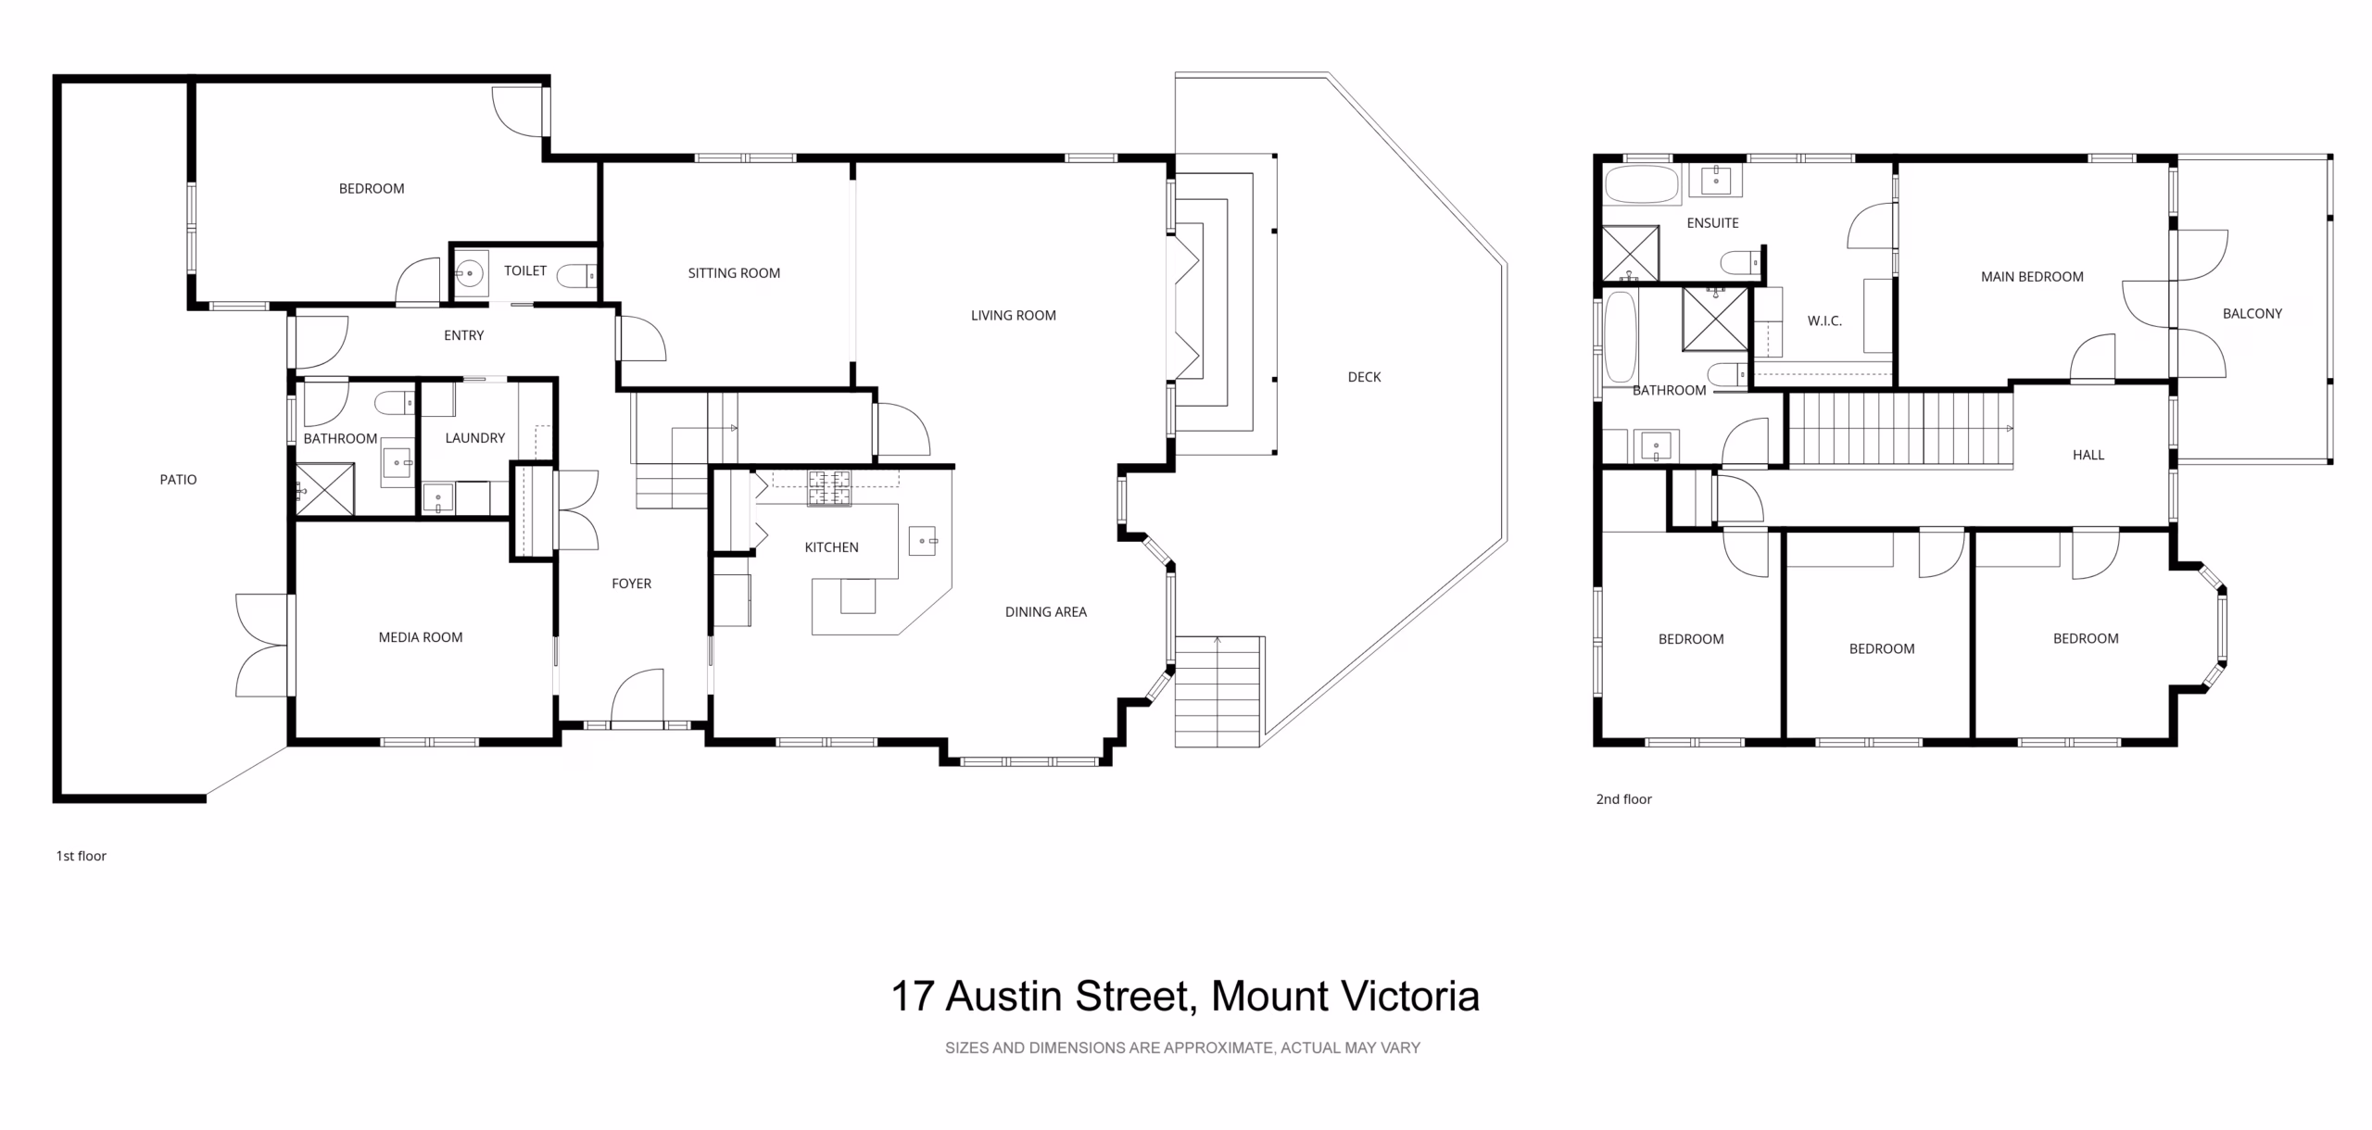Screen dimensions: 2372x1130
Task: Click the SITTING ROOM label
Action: pos(734,273)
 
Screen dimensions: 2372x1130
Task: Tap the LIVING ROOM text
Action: pos(1014,316)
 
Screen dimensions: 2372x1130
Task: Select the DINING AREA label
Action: pos(1046,612)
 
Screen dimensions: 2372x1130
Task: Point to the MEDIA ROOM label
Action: pos(421,637)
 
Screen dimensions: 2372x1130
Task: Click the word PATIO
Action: pos(178,480)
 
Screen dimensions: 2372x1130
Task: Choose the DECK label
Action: pos(1364,377)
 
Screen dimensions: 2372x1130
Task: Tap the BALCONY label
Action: pos(2252,314)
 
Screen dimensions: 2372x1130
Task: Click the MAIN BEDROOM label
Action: pos(2032,277)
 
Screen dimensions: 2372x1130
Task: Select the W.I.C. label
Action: pos(1824,321)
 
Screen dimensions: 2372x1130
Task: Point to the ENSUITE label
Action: pos(1712,223)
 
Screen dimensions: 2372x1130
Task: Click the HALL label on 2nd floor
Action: pos(2088,455)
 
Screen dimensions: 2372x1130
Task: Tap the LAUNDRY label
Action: pos(475,438)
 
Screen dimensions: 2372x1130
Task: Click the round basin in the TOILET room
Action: pos(470,274)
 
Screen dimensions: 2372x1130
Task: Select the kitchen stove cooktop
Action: pos(829,488)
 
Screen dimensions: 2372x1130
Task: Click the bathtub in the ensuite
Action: pos(1642,185)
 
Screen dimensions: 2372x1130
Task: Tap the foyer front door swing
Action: pos(637,696)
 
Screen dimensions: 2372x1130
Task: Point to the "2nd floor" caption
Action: pos(1623,799)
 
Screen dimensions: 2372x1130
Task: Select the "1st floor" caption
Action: pos(81,856)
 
